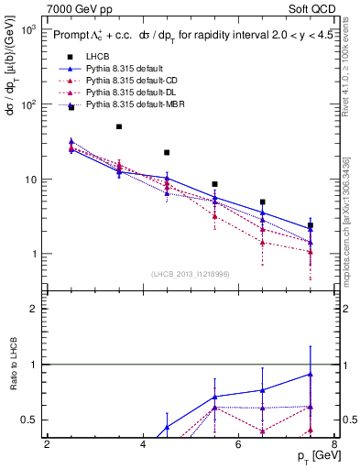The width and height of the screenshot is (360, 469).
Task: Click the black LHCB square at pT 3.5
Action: click(119, 126)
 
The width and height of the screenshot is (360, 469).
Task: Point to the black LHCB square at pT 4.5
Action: click(167, 152)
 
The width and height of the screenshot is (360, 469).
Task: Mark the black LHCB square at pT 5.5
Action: click(214, 184)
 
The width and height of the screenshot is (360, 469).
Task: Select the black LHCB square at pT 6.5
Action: click(263, 202)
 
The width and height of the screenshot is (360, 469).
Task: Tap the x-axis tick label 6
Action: click(238, 444)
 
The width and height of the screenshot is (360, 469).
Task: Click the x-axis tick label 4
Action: click(143, 444)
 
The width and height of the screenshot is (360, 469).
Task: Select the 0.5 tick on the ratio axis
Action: click(29, 420)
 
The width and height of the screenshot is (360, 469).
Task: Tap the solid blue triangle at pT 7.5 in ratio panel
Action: click(311, 374)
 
